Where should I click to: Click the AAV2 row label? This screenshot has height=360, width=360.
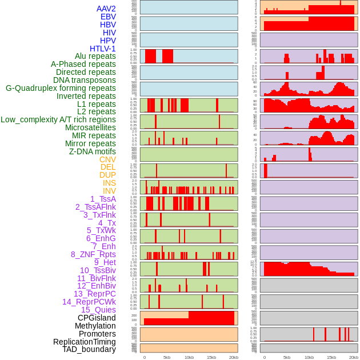tap(106, 9)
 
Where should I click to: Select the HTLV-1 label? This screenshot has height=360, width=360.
tap(102, 49)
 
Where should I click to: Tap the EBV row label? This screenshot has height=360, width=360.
tap(108, 17)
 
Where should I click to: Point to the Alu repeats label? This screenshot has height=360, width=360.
tap(95, 56)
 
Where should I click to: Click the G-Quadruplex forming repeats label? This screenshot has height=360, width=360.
tap(61, 88)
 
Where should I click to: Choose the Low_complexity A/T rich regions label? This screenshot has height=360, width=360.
tap(58, 119)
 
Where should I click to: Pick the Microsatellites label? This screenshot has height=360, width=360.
tap(90, 127)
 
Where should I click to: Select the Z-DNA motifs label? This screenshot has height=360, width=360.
tap(92, 151)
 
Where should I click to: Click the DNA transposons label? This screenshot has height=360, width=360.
tap(85, 80)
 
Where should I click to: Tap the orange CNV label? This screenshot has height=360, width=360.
tap(107, 159)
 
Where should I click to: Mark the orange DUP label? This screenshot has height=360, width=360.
tap(107, 175)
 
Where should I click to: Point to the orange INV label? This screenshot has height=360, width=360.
tap(109, 191)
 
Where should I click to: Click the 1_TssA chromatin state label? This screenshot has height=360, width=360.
tap(103, 199)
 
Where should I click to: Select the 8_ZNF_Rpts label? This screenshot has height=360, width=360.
tap(93, 254)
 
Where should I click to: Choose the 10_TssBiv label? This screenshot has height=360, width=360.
tap(98, 270)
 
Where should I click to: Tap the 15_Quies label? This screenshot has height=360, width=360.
tap(98, 310)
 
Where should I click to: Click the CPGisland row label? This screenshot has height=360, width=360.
tap(97, 318)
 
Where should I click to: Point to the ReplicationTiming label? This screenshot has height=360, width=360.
tap(84, 342)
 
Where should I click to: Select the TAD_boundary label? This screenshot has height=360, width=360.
tap(89, 349)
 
